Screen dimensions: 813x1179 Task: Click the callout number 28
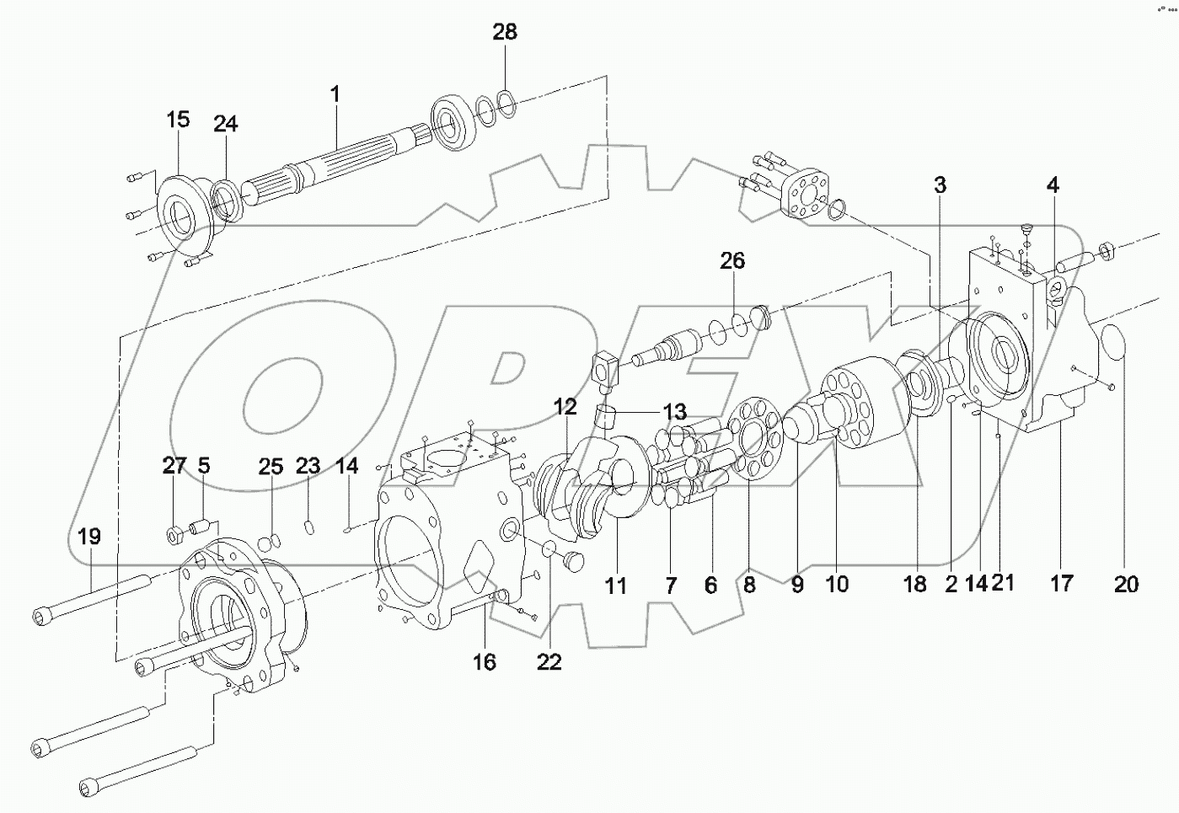coord(505,33)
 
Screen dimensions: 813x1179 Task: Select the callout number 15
coord(178,120)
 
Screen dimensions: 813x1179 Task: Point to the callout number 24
coord(225,124)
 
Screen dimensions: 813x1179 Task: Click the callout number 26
coord(732,260)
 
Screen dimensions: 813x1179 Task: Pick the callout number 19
coord(89,536)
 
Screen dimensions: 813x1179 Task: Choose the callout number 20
coord(1126,583)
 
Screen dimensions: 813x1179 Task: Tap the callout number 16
coord(484,662)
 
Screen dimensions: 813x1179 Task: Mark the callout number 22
coord(549,662)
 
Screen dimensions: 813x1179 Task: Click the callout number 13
coord(674,413)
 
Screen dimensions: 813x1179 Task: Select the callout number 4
coord(1053,185)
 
